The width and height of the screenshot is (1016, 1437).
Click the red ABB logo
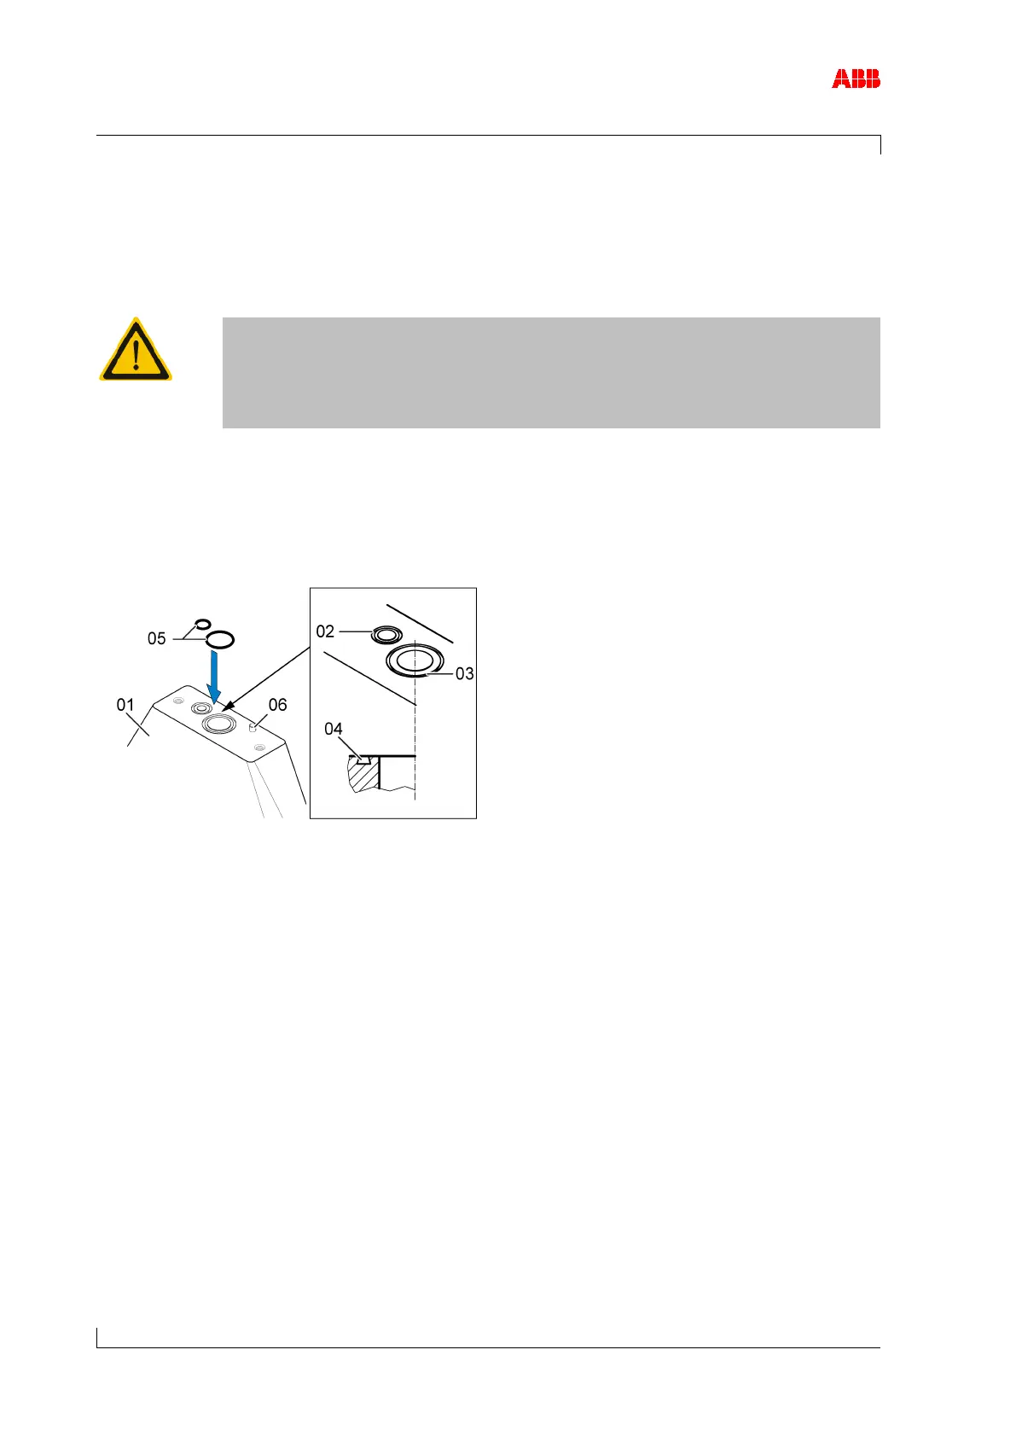pos(856,79)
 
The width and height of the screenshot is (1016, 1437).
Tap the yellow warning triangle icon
pos(136,352)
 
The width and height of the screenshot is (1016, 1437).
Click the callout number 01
pos(125,705)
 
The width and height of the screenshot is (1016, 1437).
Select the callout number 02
pos(325,631)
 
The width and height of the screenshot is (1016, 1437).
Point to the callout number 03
pos(464,674)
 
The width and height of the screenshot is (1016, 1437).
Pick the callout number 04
pos(334,729)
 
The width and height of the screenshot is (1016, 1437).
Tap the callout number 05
pos(156,638)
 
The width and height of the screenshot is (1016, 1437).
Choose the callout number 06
pos(277,705)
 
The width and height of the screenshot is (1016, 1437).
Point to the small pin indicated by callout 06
pos(253,727)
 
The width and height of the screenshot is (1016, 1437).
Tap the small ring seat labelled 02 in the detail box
pos(386,634)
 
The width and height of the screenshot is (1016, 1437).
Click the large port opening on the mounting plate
pos(218,724)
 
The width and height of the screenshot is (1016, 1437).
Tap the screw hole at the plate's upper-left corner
pos(177,701)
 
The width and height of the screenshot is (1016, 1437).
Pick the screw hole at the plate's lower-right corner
pos(259,747)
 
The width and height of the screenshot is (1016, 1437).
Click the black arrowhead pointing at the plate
pos(226,707)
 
